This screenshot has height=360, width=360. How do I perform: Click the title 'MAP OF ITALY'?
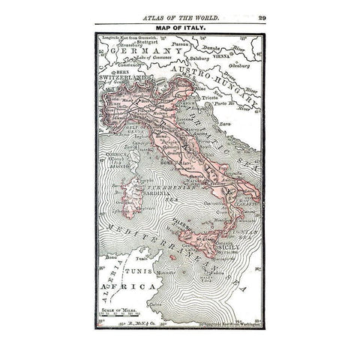point(179,28)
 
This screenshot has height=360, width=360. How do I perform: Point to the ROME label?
point(166,163)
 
